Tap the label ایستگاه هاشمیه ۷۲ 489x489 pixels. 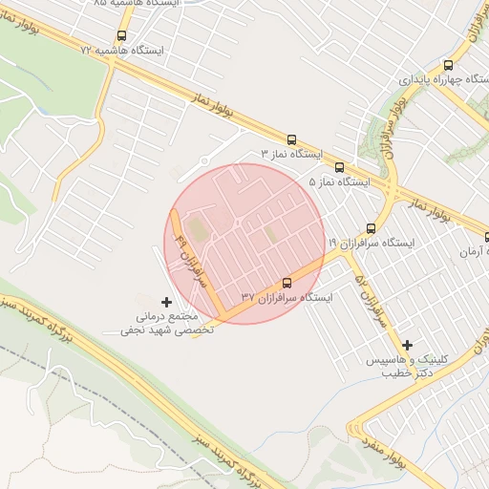pos(123,49)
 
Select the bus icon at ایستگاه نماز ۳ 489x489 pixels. pos(291,138)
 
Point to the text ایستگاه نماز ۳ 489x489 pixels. pos(293,153)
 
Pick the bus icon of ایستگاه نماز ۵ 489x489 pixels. pos(341,166)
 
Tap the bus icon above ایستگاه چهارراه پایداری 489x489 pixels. pos(448,66)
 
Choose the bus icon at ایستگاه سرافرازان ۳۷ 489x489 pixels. pos(287,283)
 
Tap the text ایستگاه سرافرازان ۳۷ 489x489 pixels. pos(287,297)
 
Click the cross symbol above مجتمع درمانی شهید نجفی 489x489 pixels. pos(167,302)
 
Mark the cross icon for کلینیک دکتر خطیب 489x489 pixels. pos(408,345)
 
